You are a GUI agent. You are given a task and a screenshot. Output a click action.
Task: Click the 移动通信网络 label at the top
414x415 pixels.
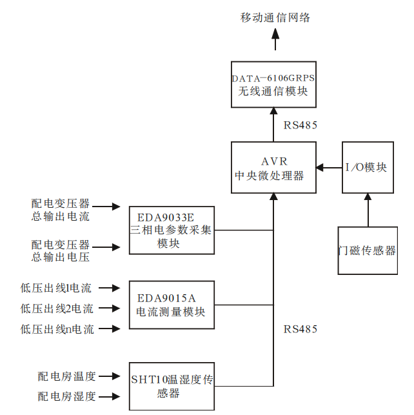click(x=275, y=17)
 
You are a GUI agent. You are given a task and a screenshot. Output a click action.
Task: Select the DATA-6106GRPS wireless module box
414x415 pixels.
click(x=273, y=85)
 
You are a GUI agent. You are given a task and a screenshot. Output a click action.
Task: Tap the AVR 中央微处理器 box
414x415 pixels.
click(x=274, y=168)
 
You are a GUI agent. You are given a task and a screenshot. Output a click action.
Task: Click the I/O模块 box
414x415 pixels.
click(x=366, y=168)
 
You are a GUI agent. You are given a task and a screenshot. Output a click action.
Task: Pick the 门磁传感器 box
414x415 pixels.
click(x=368, y=250)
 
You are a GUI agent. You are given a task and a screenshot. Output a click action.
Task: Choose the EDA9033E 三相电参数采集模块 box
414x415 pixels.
click(x=172, y=230)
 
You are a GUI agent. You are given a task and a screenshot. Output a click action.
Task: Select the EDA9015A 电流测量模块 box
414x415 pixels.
click(x=172, y=305)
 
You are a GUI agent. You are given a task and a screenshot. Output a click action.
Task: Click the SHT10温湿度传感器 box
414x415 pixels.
click(x=172, y=385)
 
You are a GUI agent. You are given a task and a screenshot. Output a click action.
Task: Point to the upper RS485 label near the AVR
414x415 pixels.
click(x=301, y=125)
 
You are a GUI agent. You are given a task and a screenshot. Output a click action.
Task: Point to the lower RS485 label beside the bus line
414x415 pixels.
click(x=301, y=329)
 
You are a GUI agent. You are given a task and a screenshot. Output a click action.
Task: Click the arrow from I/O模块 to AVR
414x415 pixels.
click(x=329, y=168)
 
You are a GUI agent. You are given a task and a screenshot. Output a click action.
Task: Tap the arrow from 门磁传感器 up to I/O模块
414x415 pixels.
click(x=368, y=210)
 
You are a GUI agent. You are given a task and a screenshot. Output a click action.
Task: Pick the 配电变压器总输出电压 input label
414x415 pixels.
click(x=61, y=251)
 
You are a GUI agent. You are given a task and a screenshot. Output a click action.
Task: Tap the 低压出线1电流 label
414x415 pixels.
click(x=56, y=288)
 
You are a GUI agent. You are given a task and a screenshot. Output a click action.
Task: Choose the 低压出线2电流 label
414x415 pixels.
click(x=57, y=309)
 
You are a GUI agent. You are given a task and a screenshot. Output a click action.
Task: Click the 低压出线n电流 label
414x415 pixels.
click(x=57, y=329)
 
